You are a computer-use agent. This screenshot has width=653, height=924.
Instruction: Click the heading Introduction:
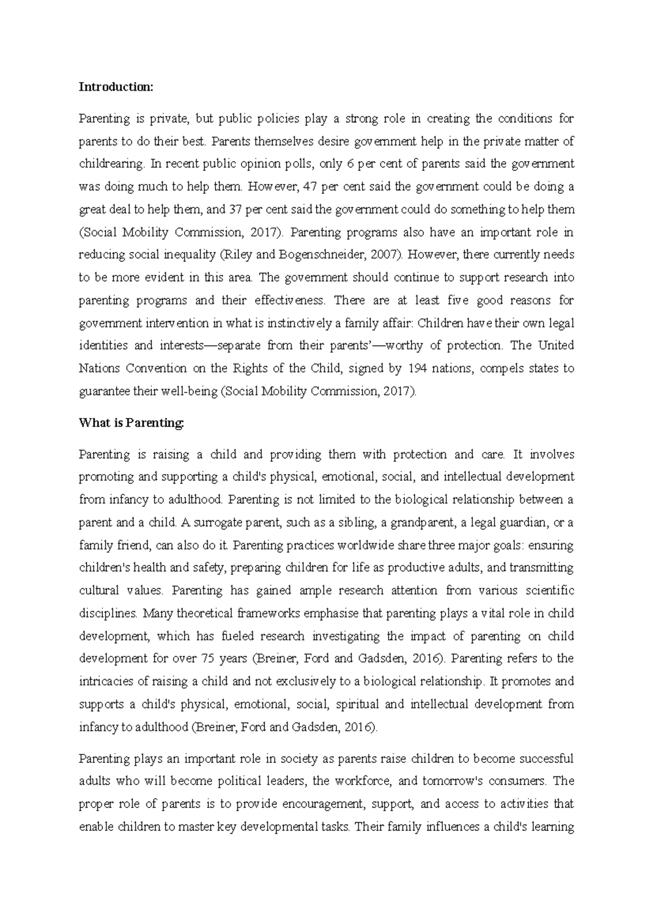pyautogui.click(x=116, y=87)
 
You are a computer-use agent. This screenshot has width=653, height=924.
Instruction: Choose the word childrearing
pyautogui.click(x=111, y=164)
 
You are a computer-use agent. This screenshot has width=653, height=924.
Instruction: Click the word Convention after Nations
pyautogui.click(x=156, y=368)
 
